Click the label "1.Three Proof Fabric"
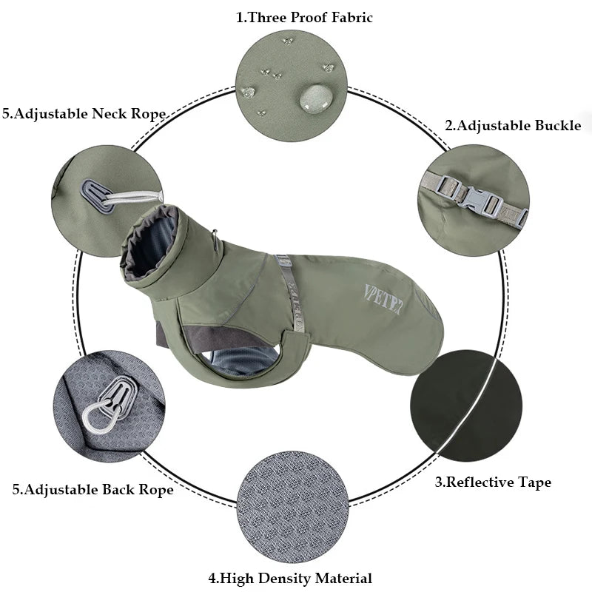(x=304, y=17)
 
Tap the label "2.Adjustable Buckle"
(x=513, y=125)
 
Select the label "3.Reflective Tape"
(x=492, y=482)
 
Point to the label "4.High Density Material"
(x=289, y=578)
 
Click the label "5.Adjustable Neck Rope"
(x=84, y=114)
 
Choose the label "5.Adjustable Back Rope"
(x=93, y=489)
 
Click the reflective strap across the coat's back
(x=289, y=292)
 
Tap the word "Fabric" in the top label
(x=347, y=17)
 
